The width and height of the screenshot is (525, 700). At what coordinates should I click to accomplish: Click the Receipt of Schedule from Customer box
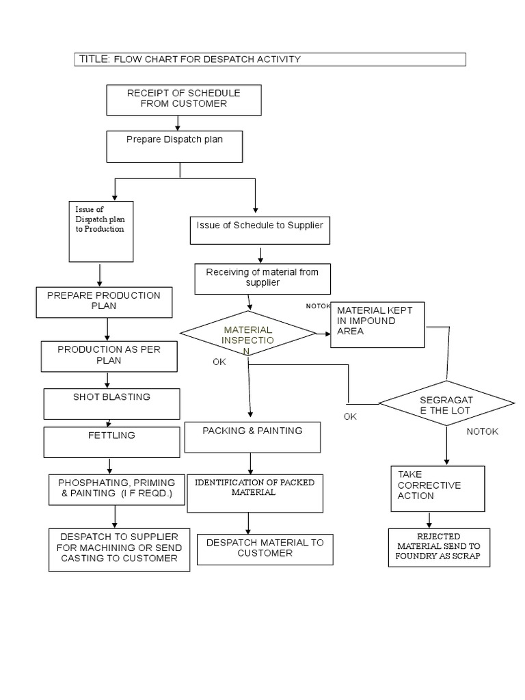click(x=183, y=99)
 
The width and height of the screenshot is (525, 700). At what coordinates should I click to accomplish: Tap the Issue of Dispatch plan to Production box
click(x=100, y=231)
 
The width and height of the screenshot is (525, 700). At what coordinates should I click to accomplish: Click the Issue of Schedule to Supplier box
click(x=259, y=230)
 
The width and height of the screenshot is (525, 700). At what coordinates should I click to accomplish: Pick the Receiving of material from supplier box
click(x=262, y=279)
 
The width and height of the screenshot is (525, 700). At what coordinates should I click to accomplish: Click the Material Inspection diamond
click(x=247, y=334)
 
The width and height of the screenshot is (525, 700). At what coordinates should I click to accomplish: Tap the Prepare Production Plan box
click(x=104, y=301)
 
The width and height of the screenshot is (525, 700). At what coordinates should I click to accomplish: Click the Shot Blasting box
click(x=111, y=403)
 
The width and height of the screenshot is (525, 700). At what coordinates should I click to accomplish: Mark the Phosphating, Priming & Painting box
click(x=117, y=489)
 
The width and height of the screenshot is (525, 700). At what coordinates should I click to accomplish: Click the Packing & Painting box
click(x=252, y=437)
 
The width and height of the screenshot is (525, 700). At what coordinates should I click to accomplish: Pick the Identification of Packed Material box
click(x=254, y=493)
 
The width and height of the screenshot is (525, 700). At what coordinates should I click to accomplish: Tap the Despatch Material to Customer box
click(x=265, y=549)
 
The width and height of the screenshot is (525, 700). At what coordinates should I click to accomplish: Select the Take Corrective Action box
click(x=437, y=488)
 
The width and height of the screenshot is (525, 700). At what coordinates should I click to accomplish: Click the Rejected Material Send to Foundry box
click(x=439, y=547)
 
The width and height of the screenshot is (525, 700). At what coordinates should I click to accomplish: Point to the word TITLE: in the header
click(x=94, y=59)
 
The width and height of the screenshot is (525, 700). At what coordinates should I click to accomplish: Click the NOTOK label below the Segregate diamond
click(x=483, y=431)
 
